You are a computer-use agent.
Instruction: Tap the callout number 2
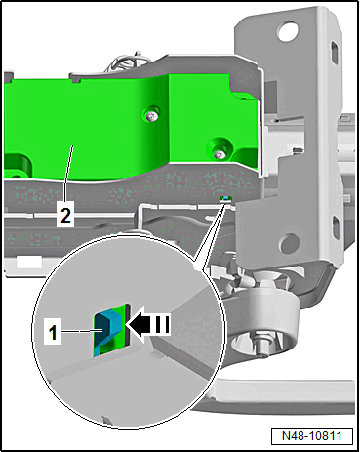click(65, 215)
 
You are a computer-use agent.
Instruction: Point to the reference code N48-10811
click(312, 435)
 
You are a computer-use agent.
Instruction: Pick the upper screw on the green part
click(151, 114)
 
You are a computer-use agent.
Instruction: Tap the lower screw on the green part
click(220, 153)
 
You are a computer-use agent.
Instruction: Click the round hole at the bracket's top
click(288, 31)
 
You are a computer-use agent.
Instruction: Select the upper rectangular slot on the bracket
click(335, 51)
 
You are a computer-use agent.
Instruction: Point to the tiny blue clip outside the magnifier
click(225, 198)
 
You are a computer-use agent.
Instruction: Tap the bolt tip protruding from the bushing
click(260, 349)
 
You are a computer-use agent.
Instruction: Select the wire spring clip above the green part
click(128, 62)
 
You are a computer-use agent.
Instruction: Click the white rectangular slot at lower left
click(29, 262)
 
